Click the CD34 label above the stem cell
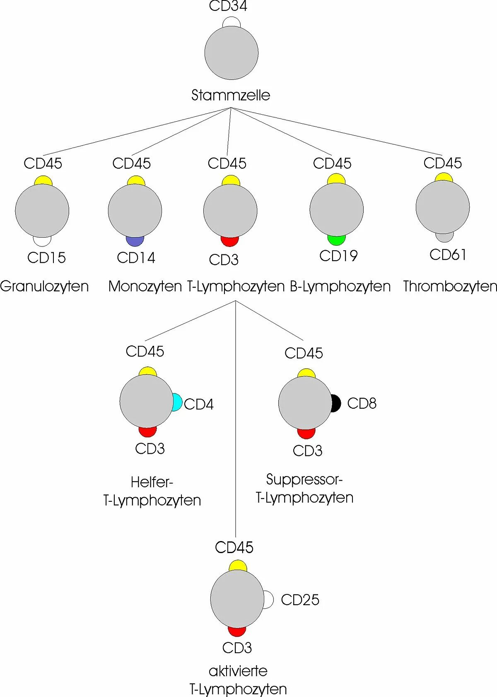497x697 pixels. [228, 6]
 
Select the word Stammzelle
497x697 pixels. [231, 95]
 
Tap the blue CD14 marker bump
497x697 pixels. [135, 241]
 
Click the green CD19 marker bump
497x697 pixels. [336, 240]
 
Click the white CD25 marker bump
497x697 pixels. [269, 599]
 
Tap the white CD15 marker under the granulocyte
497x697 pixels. [42, 241]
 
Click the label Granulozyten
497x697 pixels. [44, 286]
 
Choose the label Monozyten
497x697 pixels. [145, 286]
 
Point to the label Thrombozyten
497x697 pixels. [450, 286]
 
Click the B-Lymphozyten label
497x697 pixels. [340, 286]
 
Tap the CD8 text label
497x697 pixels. [362, 403]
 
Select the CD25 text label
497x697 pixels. [300, 600]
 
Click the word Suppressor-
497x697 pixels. [304, 479]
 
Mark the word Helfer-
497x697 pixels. [152, 482]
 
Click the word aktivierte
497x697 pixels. [238, 671]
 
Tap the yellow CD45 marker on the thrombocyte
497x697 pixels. [444, 177]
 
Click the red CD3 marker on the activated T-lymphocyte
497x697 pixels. [237, 632]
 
